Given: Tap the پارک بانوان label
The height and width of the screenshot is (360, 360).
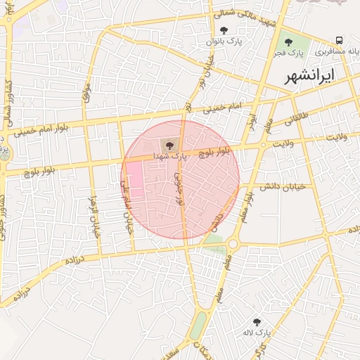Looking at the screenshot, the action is click(223, 41).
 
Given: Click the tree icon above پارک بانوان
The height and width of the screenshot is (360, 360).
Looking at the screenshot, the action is click(224, 30).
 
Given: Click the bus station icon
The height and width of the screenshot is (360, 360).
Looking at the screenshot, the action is click(340, 40).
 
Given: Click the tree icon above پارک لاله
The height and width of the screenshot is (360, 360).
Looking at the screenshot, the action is click(257, 321).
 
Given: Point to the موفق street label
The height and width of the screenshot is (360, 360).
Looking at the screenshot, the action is click(87, 91).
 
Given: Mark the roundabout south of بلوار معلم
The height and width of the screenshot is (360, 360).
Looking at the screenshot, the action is click(233, 244).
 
